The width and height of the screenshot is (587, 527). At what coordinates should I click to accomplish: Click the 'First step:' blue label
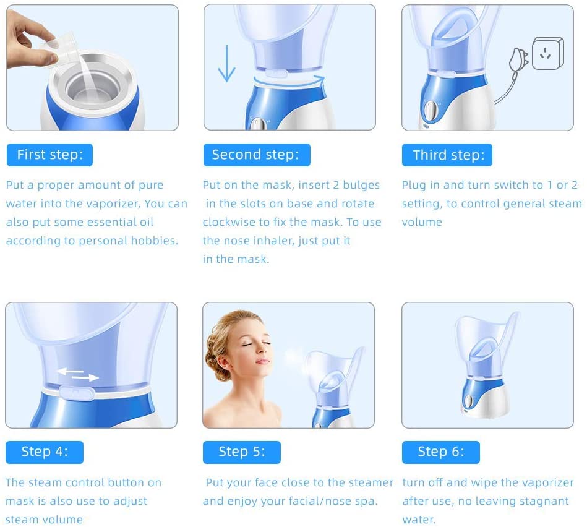pos(49,155)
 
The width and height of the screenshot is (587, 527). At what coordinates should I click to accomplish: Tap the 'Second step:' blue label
pos(257,155)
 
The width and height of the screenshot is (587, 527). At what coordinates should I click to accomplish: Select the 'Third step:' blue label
pos(447,155)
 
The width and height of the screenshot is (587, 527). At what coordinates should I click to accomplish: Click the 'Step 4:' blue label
pos(45,452)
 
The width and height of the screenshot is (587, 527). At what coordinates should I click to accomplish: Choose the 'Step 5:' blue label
pos(242,452)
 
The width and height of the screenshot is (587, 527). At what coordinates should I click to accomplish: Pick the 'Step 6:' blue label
pos(441,452)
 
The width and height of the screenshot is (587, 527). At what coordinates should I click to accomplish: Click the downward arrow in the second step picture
pos(226,63)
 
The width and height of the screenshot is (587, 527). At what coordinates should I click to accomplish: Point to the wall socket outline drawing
pos(548,53)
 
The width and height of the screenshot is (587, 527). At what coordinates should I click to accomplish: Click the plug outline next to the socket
pos(518,60)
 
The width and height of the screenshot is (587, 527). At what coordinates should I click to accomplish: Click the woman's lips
pos(263,361)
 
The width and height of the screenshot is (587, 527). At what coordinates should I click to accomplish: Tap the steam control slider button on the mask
pos(76,393)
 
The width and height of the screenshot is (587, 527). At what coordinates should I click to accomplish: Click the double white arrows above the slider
pos(77,374)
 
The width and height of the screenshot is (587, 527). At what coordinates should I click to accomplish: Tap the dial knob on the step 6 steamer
pos(468,401)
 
